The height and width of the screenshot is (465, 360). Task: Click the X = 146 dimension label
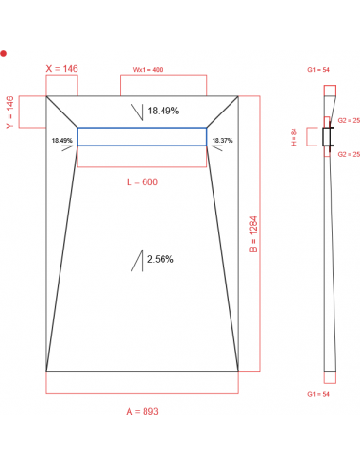61,69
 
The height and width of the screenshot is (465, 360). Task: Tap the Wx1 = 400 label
147,69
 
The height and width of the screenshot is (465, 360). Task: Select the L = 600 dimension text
142,181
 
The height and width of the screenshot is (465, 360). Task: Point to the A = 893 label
142,412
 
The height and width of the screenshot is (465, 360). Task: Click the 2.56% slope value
161,258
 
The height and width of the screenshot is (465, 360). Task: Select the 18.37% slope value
222,140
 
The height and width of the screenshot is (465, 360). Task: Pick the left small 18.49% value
61,140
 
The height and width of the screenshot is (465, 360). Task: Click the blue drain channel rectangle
142,137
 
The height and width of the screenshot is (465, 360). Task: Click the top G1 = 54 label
317,69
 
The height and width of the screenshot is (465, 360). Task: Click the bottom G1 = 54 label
317,392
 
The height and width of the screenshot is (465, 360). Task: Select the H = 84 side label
294,138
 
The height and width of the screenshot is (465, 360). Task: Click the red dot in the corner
4,54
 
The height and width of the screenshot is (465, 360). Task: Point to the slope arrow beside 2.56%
138,260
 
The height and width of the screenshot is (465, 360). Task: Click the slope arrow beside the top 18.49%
138,112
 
